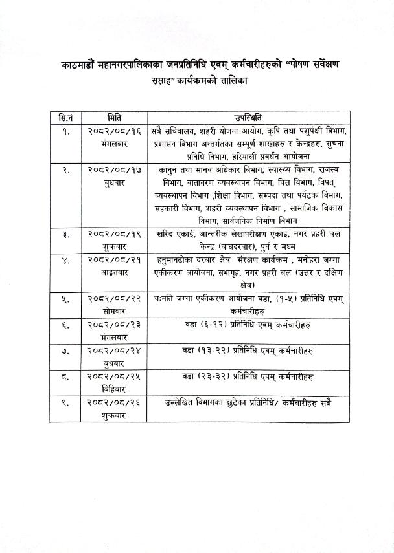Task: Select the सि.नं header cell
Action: point(65,117)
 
